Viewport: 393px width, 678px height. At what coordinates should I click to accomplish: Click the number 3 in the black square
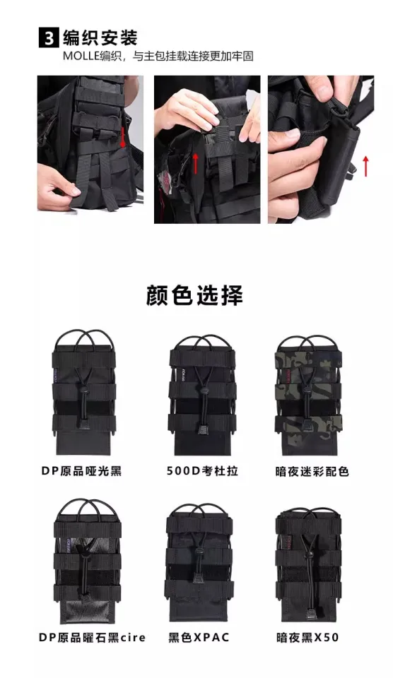pos(49,38)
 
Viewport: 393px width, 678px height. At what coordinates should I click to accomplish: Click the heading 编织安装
pos(100,38)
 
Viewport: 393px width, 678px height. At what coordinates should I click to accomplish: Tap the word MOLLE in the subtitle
pos(81,56)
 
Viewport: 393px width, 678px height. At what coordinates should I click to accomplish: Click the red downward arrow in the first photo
pos(122,138)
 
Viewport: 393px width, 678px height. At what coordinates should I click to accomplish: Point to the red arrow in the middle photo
pos(195,162)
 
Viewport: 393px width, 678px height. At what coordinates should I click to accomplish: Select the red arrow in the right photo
pos(365,166)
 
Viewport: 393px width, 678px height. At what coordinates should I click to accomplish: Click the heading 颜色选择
pos(194,296)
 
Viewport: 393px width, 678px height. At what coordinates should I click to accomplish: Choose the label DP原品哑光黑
pos(81,471)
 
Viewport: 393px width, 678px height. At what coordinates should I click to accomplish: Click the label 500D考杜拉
pos(203,471)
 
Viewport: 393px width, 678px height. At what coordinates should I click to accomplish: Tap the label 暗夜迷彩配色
pos(312,471)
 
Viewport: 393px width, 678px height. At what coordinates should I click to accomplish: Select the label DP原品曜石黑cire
pos(92,637)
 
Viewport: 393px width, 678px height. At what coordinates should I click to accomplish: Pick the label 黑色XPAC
pos(199,637)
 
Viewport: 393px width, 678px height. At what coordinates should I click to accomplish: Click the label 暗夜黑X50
pos(307,637)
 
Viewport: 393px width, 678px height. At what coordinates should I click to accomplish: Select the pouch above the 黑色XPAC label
pos(199,562)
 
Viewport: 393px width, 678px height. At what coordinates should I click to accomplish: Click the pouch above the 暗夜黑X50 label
pos(307,564)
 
